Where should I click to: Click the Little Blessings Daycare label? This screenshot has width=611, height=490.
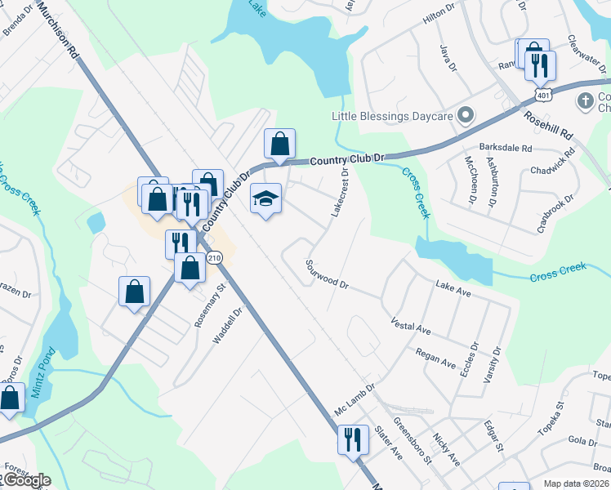coord(392,116)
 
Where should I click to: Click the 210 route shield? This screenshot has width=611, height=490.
coord(214,258)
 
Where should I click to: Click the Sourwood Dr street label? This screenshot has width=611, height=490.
coord(327,275)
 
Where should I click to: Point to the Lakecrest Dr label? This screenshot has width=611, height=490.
coord(340,193)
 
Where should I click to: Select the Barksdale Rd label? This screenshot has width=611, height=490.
coord(506,148)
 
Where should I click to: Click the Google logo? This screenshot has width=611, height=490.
coord(26,480)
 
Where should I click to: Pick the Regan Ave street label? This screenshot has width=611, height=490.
coord(435,358)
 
